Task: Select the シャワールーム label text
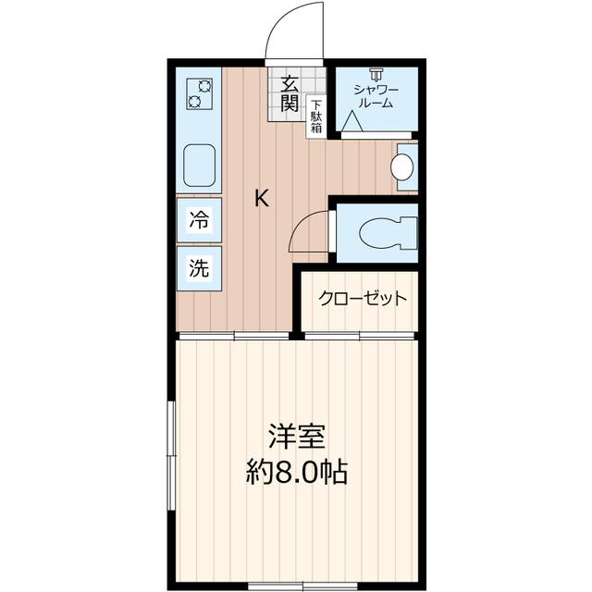[376, 95]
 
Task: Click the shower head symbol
[376, 74]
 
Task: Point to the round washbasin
[401, 166]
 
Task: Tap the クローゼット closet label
[363, 299]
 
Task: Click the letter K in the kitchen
[262, 198]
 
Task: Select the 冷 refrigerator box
[200, 220]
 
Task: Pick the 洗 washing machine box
[200, 268]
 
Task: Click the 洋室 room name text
[296, 435]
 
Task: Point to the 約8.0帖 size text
[296, 473]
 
